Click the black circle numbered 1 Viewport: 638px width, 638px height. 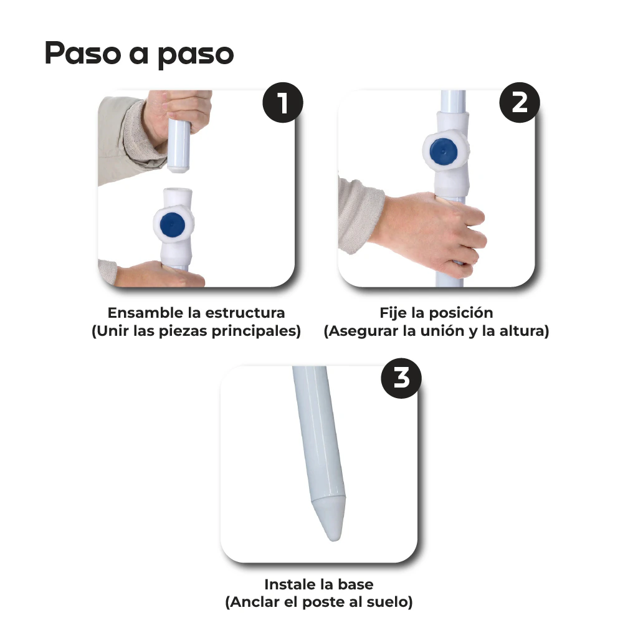(283, 103)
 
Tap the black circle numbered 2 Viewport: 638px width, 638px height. (520, 103)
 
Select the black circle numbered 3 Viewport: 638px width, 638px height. (401, 378)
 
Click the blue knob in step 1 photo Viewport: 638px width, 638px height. (173, 224)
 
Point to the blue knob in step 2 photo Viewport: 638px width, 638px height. (443, 151)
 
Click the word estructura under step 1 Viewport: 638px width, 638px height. (245, 313)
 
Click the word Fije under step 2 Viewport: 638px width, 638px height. (394, 313)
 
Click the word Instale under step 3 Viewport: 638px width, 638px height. (287, 584)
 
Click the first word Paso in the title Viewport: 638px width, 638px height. (83, 53)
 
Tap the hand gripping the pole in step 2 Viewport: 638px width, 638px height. (431, 232)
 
